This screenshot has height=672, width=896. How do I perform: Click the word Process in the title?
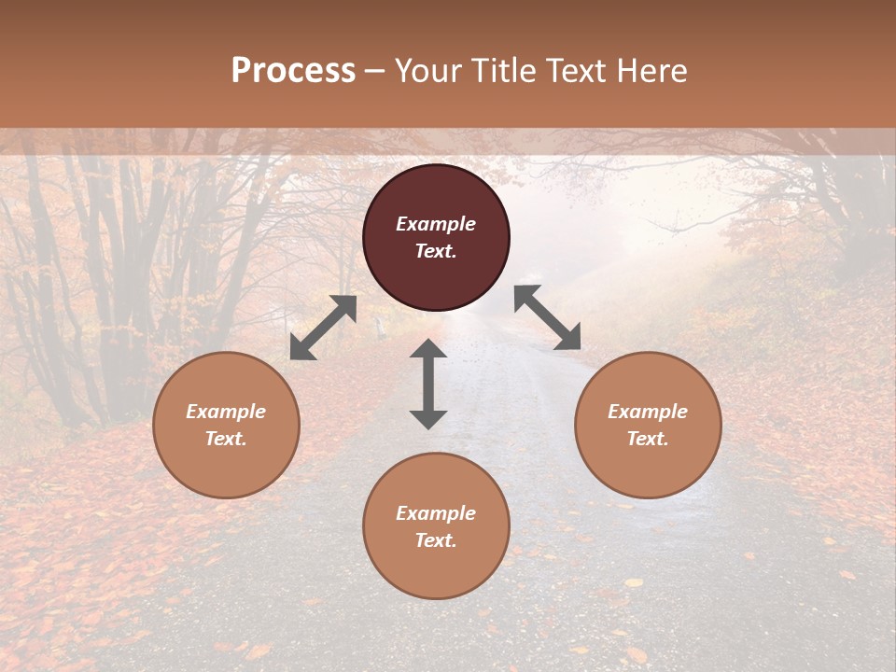tap(293, 71)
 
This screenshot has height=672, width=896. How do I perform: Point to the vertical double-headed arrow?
tap(428, 384)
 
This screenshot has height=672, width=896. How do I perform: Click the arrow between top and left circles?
tap(323, 328)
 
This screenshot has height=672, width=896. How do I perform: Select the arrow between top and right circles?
tap(548, 317)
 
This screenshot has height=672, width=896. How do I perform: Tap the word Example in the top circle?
tap(436, 224)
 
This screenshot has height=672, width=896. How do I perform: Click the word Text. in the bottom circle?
tap(436, 540)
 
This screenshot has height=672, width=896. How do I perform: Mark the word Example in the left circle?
tap(226, 412)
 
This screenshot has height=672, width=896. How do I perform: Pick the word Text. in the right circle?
tap(648, 439)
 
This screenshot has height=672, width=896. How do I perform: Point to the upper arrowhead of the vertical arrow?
tap(428, 350)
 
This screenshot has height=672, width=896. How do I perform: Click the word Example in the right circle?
tap(648, 412)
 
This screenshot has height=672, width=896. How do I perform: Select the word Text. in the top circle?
tap(436, 251)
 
